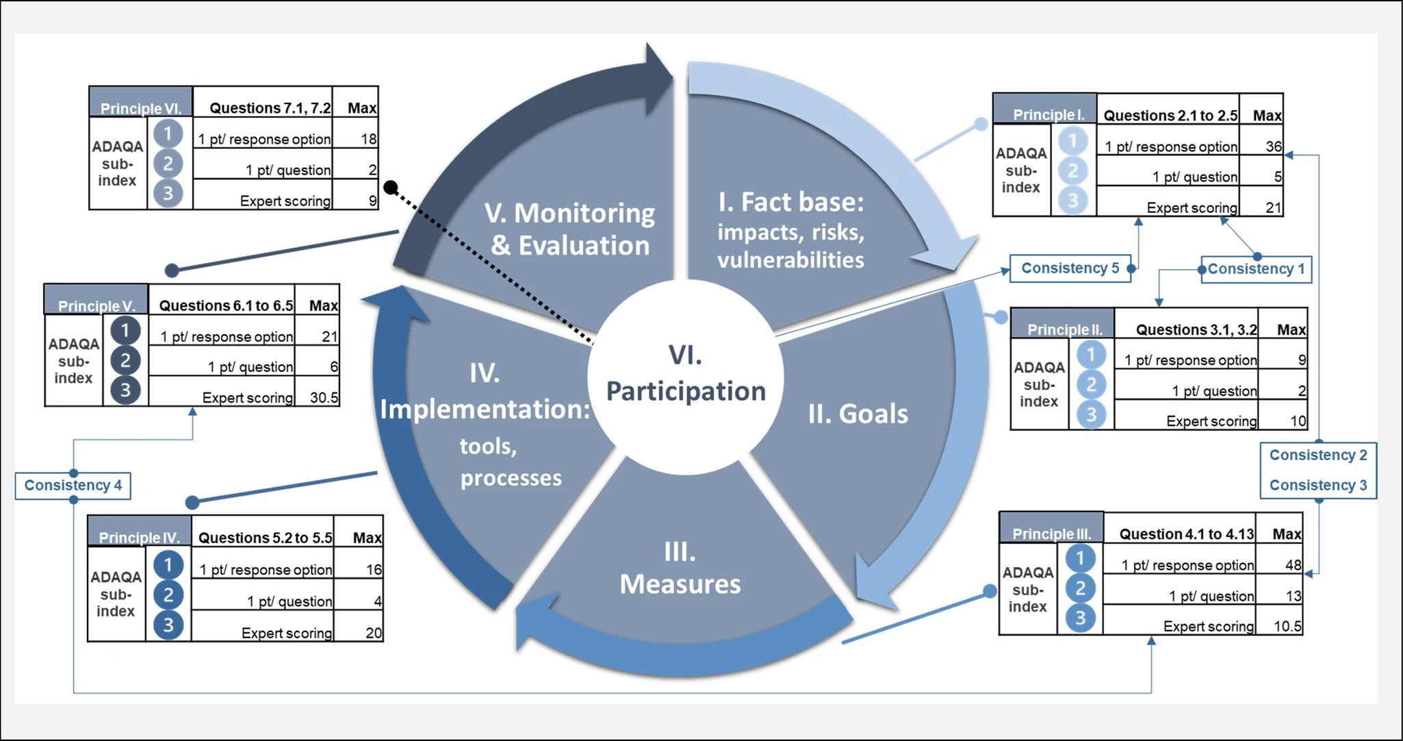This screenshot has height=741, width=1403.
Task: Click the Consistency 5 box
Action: [1070, 268]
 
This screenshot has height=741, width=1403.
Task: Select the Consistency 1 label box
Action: [1256, 269]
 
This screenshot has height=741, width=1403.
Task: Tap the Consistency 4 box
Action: [73, 486]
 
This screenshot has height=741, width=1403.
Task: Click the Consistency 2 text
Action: [1318, 455]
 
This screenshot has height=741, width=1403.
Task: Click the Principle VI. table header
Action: [141, 108]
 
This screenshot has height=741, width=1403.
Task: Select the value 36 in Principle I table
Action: [1273, 147]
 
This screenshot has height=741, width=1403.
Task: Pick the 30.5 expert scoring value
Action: [324, 398]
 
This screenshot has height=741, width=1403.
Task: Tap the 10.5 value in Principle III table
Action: [1287, 627]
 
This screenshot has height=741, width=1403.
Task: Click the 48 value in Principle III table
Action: [1293, 566]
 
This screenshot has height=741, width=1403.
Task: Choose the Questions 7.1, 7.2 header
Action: [270, 108]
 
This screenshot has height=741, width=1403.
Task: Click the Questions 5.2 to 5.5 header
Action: [265, 538]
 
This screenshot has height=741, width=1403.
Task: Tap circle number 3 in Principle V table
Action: [125, 390]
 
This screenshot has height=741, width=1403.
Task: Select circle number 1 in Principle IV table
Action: [168, 565]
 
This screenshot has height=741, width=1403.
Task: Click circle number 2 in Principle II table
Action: [1091, 384]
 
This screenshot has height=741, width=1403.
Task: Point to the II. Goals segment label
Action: [858, 414]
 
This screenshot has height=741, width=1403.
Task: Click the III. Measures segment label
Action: [680, 568]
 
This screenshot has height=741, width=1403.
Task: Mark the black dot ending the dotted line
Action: [391, 187]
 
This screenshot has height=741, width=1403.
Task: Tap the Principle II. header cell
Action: [1065, 330]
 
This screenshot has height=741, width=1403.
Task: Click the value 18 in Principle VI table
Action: [369, 140]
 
